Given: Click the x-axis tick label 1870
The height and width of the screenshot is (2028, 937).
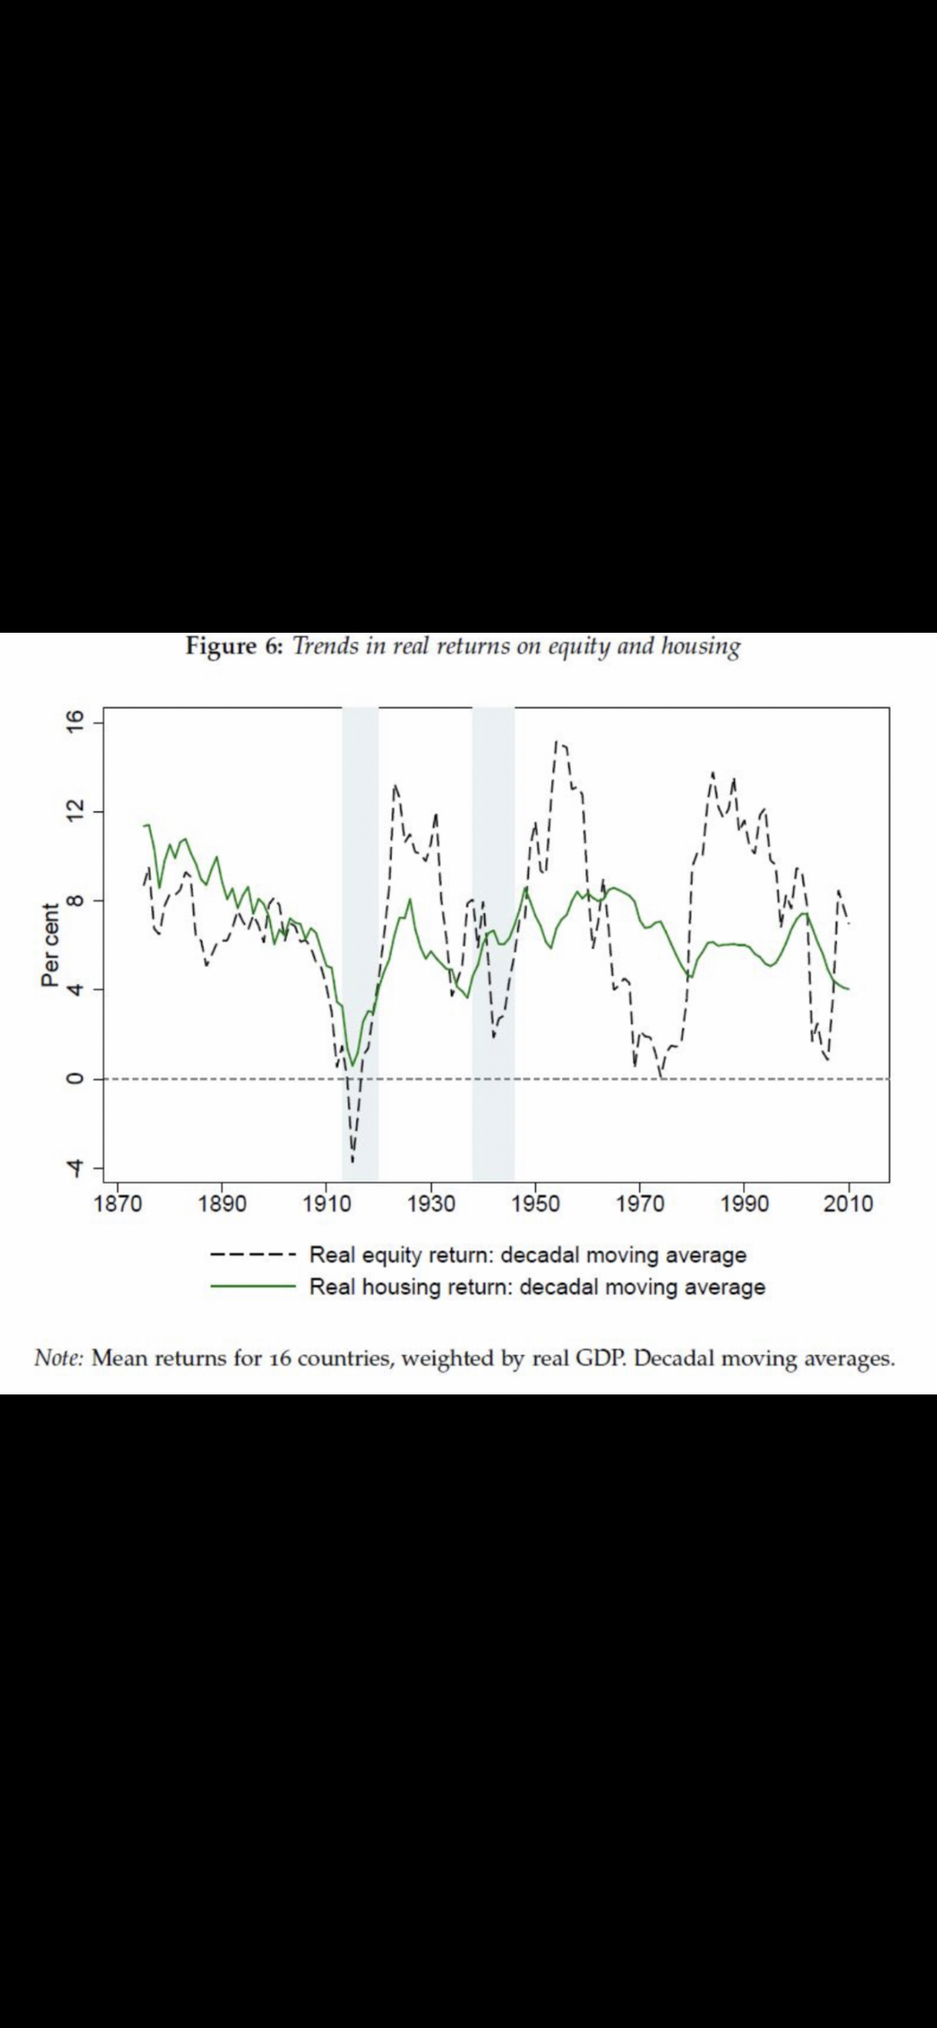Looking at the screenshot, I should point(118,1204).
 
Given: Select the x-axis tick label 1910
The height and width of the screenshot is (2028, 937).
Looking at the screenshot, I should point(326,1204).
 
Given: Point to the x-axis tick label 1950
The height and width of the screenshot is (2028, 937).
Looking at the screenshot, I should point(535,1204).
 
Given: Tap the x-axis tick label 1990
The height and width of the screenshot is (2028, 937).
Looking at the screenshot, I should point(744,1204).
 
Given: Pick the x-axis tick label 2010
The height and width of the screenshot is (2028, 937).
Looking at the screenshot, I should point(848,1204).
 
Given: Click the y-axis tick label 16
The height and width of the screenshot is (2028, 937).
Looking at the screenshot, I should point(74,722).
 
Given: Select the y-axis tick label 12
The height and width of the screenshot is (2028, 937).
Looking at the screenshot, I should point(74,811).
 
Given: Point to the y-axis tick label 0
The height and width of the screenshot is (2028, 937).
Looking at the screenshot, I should point(74,1079).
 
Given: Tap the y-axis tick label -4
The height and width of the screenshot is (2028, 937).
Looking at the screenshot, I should point(74,1169).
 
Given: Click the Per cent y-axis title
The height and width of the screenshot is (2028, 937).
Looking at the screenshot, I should point(50,945).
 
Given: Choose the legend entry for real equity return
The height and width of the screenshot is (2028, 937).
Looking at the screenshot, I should point(527,1255).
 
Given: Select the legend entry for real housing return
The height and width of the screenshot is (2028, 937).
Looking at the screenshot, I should point(537,1287).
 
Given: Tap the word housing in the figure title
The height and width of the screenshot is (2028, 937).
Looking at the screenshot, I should point(700,646).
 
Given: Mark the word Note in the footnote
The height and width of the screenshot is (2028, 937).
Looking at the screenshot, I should point(58,1358).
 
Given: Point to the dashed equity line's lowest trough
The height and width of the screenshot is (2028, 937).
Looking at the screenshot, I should point(352,1161).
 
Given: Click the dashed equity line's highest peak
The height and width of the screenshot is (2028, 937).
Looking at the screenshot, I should point(557,742).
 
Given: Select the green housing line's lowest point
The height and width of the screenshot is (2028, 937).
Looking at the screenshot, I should point(352,1064).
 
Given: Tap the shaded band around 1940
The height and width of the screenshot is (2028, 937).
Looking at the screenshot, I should point(493,945).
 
